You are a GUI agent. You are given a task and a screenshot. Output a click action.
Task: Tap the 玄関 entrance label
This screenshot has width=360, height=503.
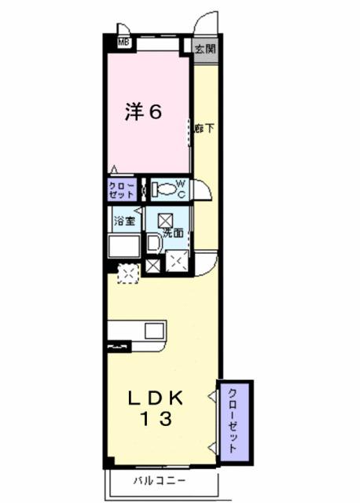click(x=205, y=48)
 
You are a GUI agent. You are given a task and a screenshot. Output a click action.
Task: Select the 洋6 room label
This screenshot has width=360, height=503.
click(x=144, y=112)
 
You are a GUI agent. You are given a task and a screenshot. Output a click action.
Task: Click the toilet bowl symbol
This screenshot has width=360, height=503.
click(x=163, y=189)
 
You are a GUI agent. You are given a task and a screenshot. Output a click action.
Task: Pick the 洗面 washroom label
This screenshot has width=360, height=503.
click(x=174, y=233)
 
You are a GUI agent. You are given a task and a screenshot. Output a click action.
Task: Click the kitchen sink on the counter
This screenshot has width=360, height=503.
click(x=152, y=330)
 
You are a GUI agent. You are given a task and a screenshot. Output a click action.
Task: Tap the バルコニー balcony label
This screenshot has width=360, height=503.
click(x=159, y=479)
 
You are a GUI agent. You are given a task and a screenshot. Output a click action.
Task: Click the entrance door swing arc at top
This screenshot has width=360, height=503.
click(x=207, y=22)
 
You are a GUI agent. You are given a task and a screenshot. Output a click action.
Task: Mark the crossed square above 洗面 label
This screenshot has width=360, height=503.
click(x=166, y=220)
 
